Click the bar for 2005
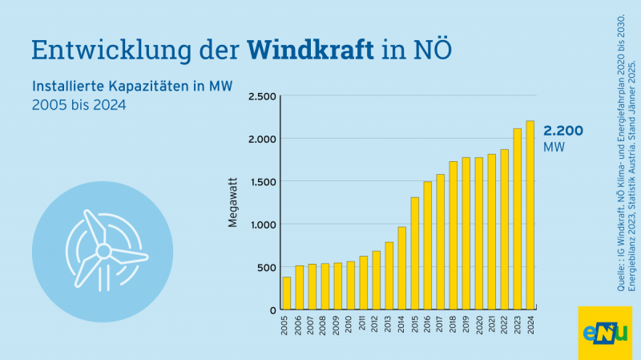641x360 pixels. (x=287, y=293)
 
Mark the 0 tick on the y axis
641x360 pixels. (x=272, y=309)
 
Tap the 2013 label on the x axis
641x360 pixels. (x=389, y=326)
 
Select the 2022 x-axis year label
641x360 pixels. (x=505, y=326)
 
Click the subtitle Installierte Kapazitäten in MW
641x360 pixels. (x=131, y=87)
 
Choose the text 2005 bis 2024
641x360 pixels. (x=79, y=105)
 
